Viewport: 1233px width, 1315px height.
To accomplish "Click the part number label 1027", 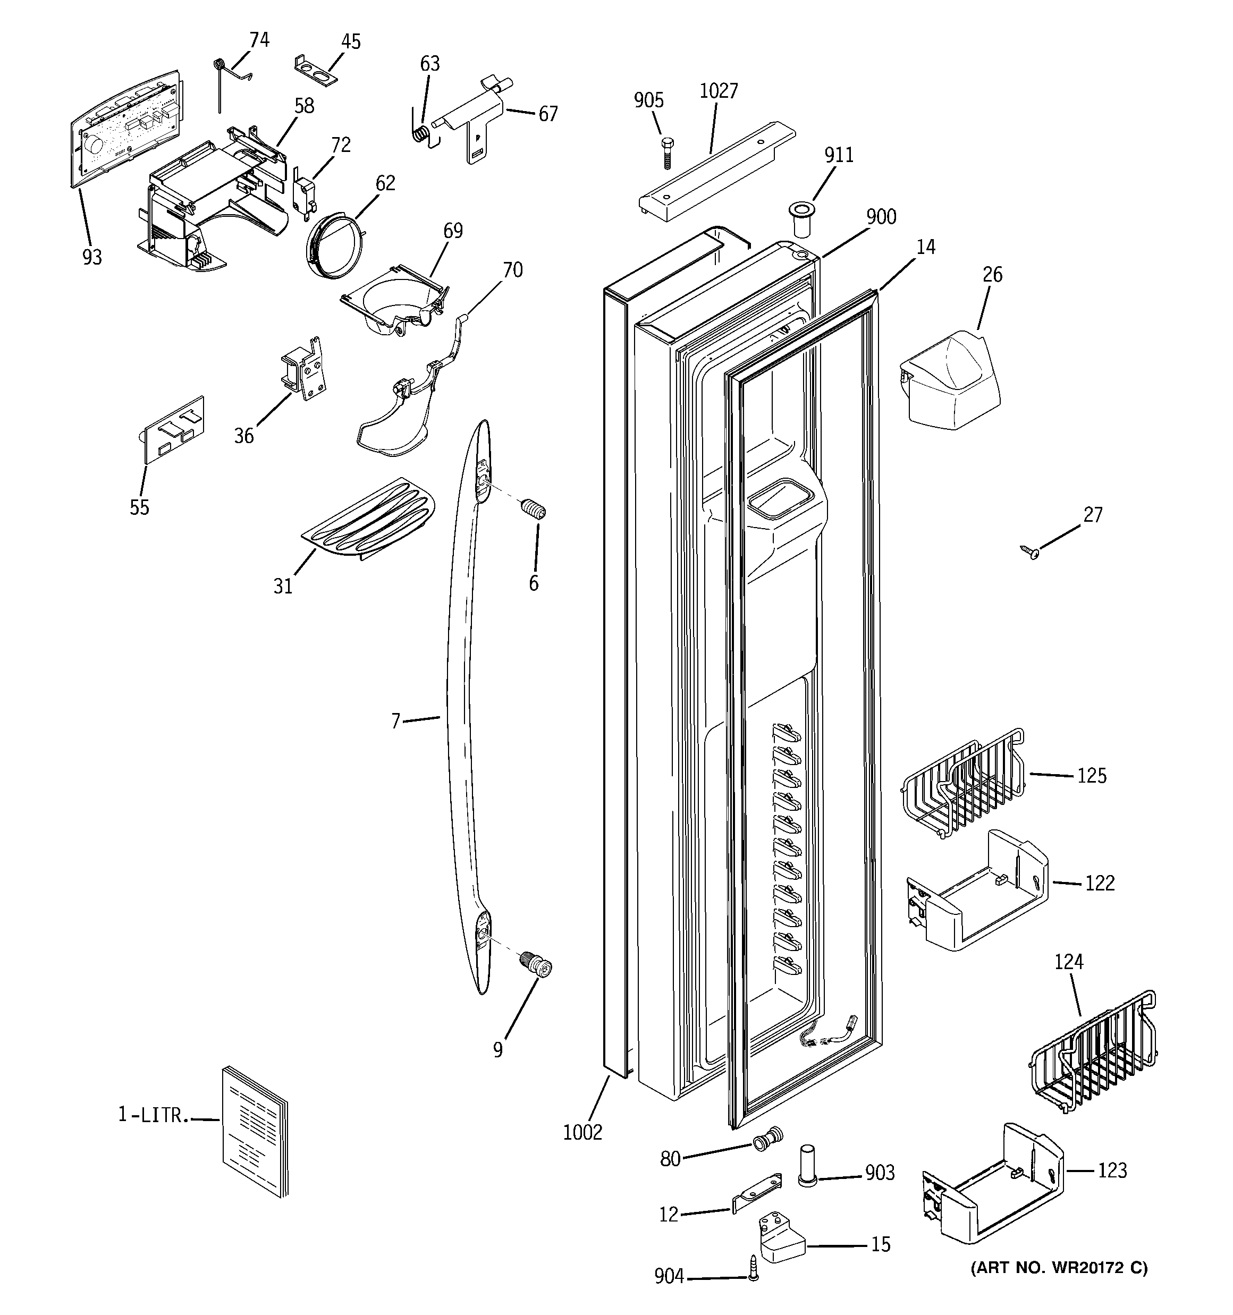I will (x=718, y=91).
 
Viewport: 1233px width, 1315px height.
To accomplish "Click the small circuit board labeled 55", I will (x=173, y=430).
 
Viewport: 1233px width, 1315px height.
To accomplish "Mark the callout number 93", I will (x=92, y=257).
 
